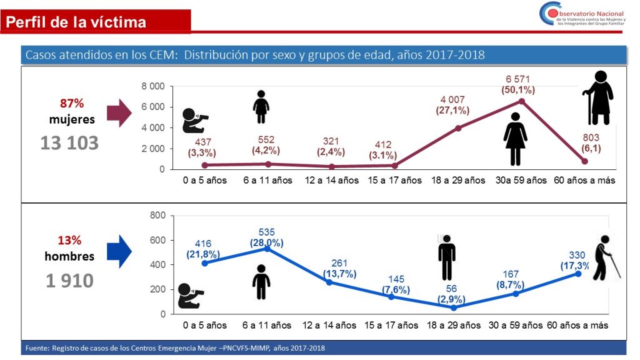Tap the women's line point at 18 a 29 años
[458, 128]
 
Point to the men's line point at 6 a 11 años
[268, 248]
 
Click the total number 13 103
[69, 143]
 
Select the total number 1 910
[69, 281]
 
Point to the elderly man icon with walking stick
[604, 257]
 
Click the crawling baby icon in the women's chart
[194, 121]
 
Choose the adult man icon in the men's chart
[446, 257]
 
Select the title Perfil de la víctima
[76, 22]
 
